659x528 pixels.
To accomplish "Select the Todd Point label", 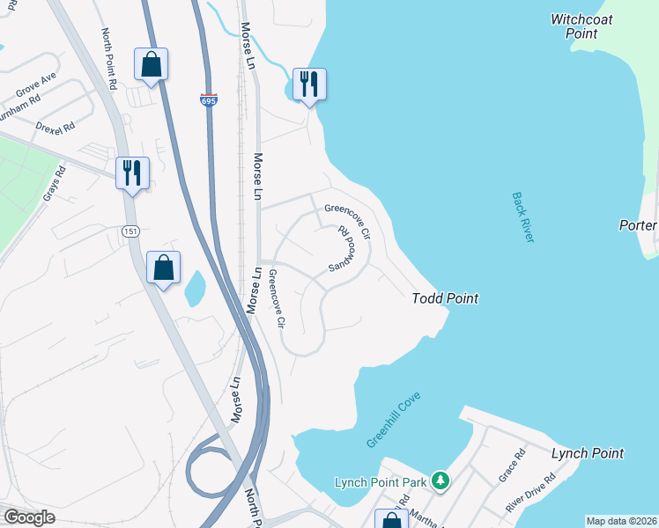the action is (445, 299).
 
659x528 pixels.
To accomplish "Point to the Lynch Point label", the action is (587, 454).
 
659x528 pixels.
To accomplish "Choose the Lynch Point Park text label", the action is (381, 482).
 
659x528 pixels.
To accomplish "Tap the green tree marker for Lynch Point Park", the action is (441, 481).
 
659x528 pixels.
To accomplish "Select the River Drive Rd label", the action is (530, 493).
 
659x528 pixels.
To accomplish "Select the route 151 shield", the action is (130, 230).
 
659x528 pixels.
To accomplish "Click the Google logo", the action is (29, 517).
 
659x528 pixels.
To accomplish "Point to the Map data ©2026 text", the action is (621, 521).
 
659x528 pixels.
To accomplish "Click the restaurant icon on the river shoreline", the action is (308, 84).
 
